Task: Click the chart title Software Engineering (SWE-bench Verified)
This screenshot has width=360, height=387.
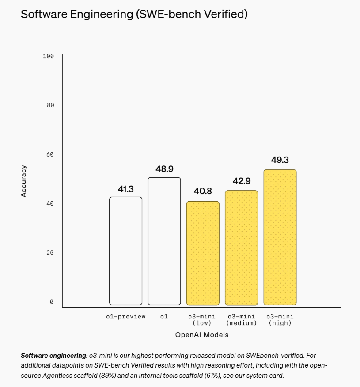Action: (x=134, y=14)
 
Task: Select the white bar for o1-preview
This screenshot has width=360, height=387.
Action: (x=126, y=251)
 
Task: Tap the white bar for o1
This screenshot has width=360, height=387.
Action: (x=164, y=241)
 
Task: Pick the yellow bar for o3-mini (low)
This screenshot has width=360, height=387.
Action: (x=203, y=253)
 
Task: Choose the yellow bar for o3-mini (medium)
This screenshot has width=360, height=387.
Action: (x=241, y=248)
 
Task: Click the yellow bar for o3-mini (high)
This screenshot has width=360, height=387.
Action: (x=280, y=237)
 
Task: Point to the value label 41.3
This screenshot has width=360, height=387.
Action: (x=126, y=189)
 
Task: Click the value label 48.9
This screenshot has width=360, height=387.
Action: (x=164, y=169)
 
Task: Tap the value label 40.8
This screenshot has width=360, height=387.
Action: (x=203, y=192)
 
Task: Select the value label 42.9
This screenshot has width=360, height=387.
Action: (x=241, y=180)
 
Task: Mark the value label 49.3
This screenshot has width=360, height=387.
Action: (x=280, y=160)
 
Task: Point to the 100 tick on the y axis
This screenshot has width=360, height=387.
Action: (x=48, y=56)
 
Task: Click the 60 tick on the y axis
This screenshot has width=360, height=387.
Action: (x=50, y=154)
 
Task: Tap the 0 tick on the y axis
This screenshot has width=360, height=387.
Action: (x=52, y=302)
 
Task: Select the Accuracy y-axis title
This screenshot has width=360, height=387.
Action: (x=24, y=181)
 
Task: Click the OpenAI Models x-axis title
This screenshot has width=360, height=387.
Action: (x=202, y=335)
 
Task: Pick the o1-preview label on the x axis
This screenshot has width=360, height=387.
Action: (x=126, y=317)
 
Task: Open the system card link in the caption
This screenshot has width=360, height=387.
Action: (x=264, y=376)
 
